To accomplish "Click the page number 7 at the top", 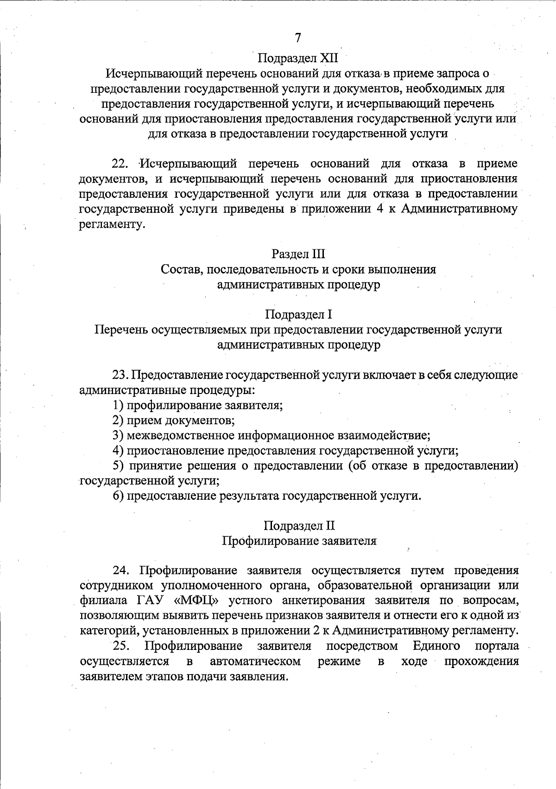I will [x=298, y=38].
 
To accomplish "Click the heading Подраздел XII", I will [x=298, y=58].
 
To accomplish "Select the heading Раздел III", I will [x=298, y=254].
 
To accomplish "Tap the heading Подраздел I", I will [x=298, y=315].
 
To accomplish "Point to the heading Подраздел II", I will [x=299, y=526].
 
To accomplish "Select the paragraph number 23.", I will [x=121, y=375].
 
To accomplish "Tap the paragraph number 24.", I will [x=121, y=570].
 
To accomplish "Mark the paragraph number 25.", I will [x=121, y=646].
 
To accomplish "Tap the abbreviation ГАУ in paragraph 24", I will [x=152, y=601].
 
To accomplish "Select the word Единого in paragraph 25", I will [x=436, y=646].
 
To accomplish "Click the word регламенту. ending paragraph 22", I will [x=109, y=225].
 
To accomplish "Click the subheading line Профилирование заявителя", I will [x=299, y=541].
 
